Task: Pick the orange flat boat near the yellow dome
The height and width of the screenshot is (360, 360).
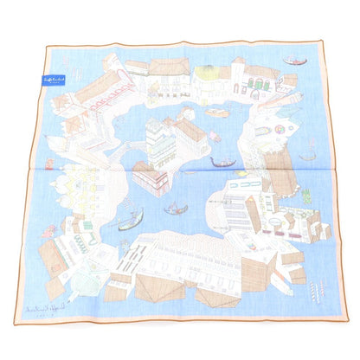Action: coord(219,112)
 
